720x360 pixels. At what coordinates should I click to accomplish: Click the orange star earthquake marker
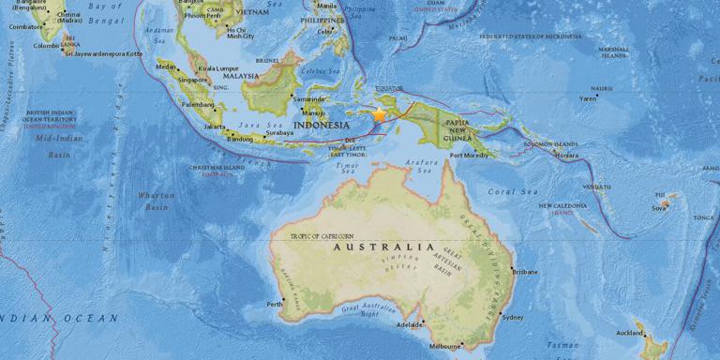tap(380, 114)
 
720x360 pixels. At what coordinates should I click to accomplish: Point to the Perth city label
tap(275, 304)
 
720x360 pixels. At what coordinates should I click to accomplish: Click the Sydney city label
tap(513, 317)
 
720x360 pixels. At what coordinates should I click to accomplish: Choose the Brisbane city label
tap(525, 272)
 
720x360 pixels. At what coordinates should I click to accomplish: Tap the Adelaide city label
tap(410, 324)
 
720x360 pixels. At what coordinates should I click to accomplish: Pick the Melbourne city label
tap(444, 346)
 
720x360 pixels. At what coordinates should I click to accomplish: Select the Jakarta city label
tap(216, 126)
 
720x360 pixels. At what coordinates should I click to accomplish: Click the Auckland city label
tap(629, 333)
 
